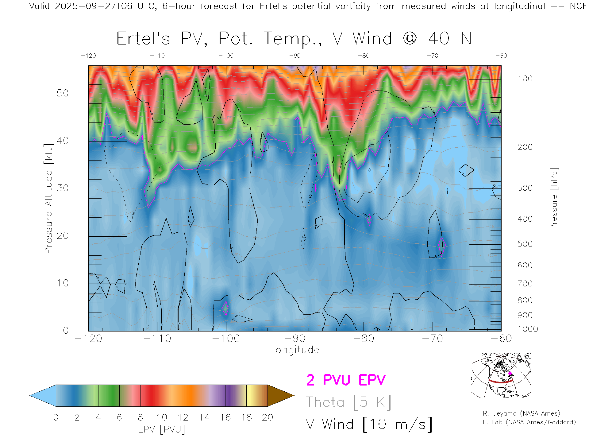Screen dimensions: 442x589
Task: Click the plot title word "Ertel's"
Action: coord(143,39)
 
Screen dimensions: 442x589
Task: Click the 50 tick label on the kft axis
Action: coord(62,93)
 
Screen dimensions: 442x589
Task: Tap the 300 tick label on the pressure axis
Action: coord(525,188)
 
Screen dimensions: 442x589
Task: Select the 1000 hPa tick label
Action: coord(528,329)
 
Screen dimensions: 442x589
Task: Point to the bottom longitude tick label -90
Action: coord(295,339)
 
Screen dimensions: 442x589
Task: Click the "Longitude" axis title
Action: coord(294,350)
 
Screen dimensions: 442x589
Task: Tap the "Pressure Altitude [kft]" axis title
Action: coord(48,199)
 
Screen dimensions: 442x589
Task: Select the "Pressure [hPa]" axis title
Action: coord(554,199)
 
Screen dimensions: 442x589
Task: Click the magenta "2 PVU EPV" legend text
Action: coord(346,380)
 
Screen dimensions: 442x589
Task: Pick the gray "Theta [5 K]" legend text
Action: coord(348,402)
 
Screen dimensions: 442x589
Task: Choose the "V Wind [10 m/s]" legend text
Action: coord(369,425)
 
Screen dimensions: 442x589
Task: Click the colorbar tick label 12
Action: coord(183,417)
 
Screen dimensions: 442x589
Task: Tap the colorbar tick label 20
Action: coord(268,417)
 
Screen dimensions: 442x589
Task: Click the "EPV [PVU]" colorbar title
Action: coord(162,429)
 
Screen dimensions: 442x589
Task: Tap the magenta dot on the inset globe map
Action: coord(510,374)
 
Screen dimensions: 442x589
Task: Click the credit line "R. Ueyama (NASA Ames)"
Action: coord(522,413)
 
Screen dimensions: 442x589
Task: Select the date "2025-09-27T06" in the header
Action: coord(93,6)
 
